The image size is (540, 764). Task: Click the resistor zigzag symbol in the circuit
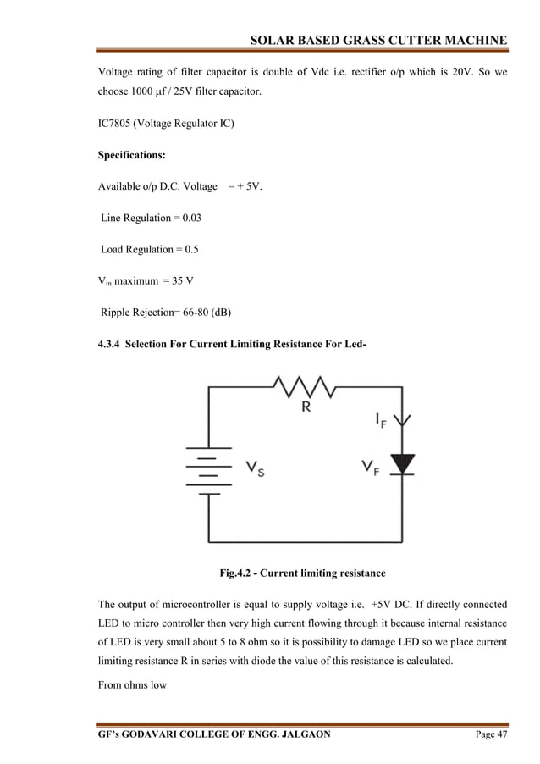tap(305, 388)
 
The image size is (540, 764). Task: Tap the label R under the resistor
tap(306, 407)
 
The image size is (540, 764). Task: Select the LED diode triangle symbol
tap(405, 463)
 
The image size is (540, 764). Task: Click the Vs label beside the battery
tap(255, 468)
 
